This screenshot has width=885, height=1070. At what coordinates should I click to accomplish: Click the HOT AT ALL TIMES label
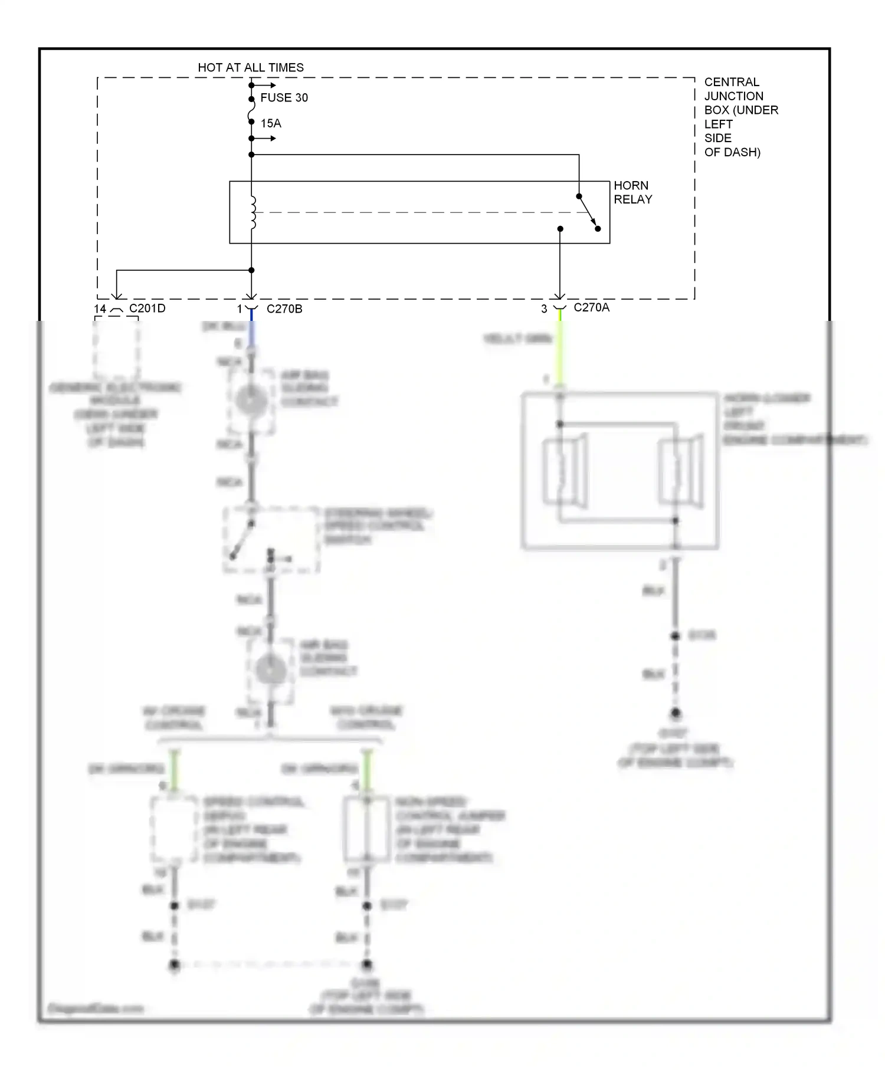(x=251, y=68)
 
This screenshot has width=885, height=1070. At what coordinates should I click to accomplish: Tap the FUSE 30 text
(x=284, y=98)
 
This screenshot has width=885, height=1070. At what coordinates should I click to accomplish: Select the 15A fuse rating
(x=271, y=123)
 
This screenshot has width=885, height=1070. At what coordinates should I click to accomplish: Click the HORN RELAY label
(x=632, y=192)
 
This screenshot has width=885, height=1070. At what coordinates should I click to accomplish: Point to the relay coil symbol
(x=253, y=212)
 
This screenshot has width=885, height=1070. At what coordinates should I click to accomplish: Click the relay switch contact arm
(x=588, y=212)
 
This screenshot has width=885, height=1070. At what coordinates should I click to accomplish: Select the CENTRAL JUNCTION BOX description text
(x=740, y=117)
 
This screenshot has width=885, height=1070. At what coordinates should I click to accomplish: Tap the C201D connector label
(x=147, y=308)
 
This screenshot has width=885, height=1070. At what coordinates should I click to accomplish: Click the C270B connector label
(x=284, y=309)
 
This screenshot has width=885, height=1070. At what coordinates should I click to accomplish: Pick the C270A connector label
(x=591, y=307)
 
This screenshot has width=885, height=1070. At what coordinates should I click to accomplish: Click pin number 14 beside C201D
(x=100, y=309)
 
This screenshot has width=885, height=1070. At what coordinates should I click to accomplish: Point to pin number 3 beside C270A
(x=544, y=309)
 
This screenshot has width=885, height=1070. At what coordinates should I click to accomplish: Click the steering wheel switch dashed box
(x=271, y=539)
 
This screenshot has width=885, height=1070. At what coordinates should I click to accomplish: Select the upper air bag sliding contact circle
(x=251, y=401)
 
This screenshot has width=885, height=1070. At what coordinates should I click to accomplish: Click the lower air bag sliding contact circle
(x=271, y=671)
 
